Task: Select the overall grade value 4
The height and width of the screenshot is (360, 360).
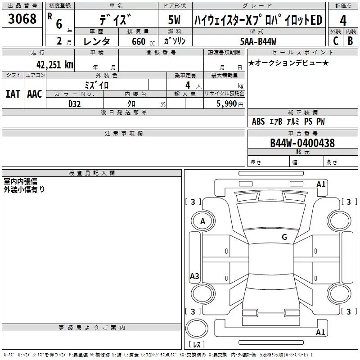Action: (343, 21)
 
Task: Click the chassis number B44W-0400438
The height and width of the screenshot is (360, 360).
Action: (302, 143)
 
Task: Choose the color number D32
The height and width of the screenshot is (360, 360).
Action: (75, 104)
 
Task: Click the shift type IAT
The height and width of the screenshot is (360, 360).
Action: (13, 94)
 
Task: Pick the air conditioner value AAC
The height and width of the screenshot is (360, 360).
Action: (35, 94)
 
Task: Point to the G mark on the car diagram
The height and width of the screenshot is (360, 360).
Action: (284, 237)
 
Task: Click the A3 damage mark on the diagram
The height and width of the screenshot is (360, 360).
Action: (194, 276)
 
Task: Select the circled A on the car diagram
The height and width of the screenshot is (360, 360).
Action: (202, 221)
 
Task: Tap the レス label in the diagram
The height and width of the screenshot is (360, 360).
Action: (197, 345)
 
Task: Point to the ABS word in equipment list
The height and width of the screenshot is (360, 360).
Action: (258, 121)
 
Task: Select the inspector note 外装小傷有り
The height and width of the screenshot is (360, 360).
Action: (24, 189)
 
